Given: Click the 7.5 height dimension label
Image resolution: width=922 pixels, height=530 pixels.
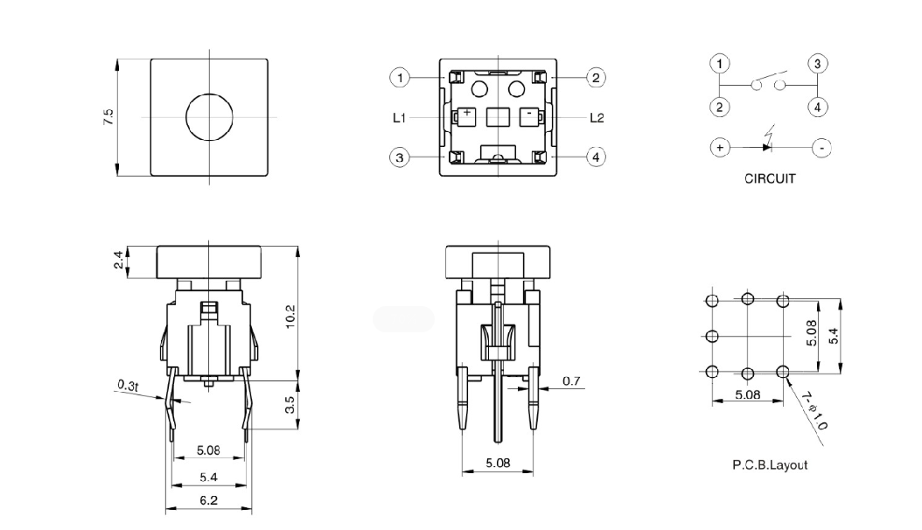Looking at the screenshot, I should click(x=108, y=117).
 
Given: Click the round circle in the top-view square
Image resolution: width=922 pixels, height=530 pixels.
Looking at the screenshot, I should click(x=208, y=116).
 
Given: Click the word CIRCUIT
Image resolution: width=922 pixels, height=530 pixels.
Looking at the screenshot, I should click(x=769, y=178).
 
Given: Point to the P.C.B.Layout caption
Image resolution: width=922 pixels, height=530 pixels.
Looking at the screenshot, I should click(x=769, y=464).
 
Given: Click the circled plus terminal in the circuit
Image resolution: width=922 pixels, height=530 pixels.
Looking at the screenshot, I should click(x=719, y=148).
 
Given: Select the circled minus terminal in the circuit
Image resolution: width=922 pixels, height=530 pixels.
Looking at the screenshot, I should click(x=822, y=148).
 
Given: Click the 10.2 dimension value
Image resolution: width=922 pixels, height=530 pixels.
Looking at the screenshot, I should click(x=291, y=316).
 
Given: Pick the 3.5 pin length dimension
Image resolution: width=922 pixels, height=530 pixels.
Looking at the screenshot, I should click(x=291, y=404).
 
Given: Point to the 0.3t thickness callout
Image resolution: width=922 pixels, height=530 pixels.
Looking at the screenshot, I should click(x=128, y=385).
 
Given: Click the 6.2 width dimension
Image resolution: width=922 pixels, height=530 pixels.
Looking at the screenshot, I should click(x=208, y=500).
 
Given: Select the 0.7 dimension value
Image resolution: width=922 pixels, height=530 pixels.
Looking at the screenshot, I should click(x=571, y=380).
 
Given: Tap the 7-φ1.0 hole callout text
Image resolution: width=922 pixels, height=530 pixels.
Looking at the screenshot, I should click(x=814, y=410).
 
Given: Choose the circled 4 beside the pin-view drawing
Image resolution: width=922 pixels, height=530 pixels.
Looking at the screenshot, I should click(x=596, y=157).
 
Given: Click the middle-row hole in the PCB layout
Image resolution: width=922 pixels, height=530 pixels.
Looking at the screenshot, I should click(x=711, y=336).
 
